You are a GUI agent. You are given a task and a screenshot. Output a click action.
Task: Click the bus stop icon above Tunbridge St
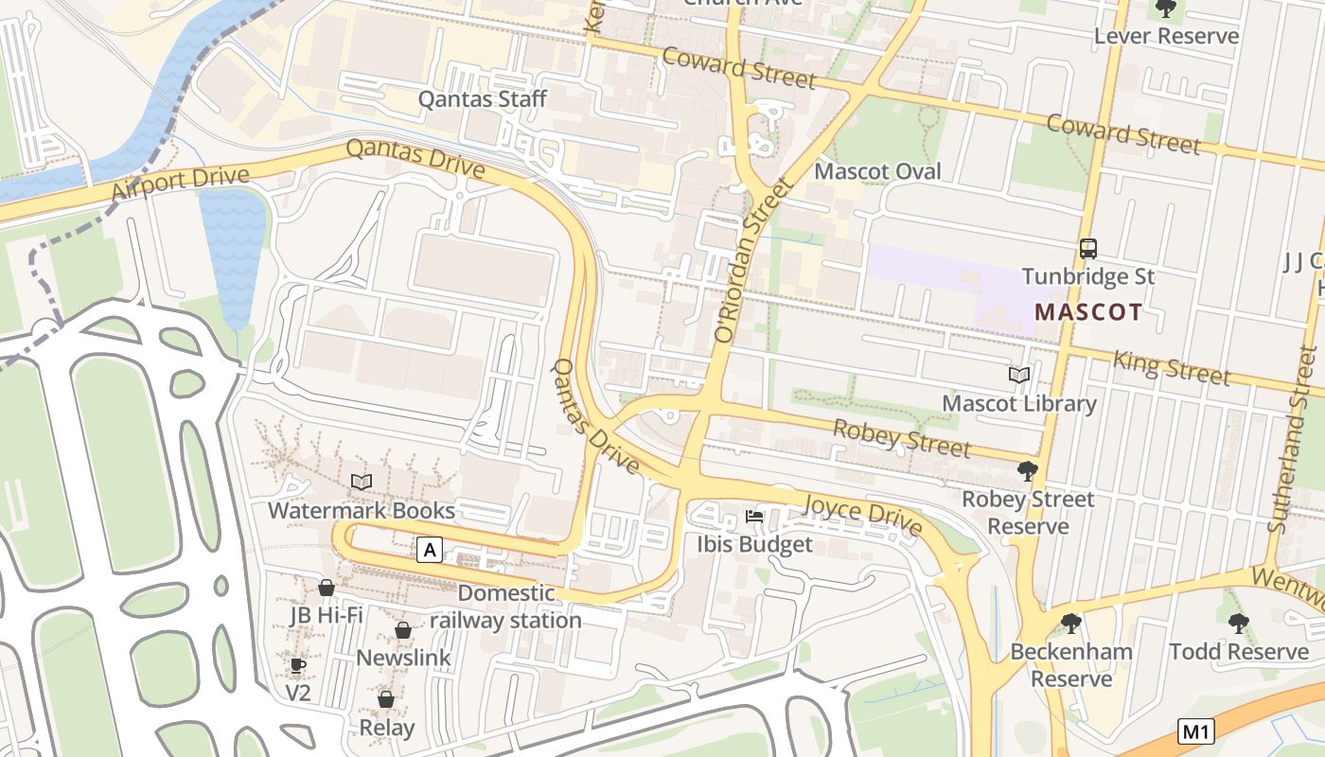[x=1088, y=249]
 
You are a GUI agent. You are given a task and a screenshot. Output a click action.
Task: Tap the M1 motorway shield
[x=1196, y=731]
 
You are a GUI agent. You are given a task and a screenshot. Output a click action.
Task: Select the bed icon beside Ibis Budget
[x=754, y=517]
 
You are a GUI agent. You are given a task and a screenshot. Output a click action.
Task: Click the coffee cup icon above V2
[x=298, y=666]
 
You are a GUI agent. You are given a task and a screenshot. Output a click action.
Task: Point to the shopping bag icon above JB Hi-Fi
[x=327, y=588]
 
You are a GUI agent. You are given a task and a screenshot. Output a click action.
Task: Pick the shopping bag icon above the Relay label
[x=386, y=699]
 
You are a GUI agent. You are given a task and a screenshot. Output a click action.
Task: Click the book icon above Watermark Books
[x=361, y=483]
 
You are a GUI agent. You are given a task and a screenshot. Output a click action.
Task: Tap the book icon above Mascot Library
[x=1019, y=376]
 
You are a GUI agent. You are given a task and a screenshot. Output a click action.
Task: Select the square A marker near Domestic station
[x=430, y=549]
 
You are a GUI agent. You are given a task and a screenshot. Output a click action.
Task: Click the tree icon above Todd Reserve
[x=1238, y=623]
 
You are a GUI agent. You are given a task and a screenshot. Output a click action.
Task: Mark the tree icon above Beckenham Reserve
[x=1071, y=623]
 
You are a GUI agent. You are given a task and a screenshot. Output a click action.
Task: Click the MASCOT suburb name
[x=1087, y=311]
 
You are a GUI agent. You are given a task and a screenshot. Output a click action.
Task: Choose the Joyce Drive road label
[x=861, y=513]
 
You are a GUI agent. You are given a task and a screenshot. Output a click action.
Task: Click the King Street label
[x=1172, y=367]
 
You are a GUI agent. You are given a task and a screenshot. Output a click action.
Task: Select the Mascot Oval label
[x=877, y=171]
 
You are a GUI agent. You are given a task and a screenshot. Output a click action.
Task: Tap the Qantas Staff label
[x=483, y=98]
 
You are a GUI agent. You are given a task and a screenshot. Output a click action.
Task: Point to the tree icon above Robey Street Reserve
[x=1027, y=470]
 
